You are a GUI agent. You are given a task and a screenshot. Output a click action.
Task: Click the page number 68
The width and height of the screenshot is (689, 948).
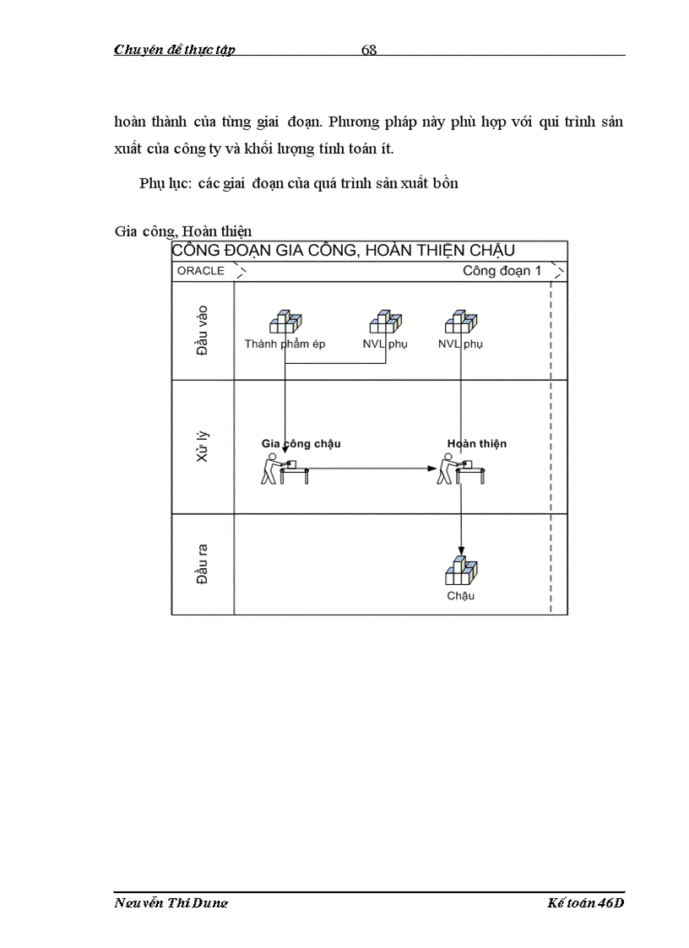click(369, 50)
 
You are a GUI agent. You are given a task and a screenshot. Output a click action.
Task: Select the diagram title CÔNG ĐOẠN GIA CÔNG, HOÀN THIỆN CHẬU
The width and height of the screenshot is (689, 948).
click(343, 251)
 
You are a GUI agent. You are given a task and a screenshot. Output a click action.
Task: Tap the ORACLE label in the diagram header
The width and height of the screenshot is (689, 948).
click(201, 271)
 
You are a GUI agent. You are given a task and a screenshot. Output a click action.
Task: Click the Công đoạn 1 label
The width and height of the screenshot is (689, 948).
click(502, 271)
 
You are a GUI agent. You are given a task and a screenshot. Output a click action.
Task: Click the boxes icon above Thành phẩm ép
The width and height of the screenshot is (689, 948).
click(285, 323)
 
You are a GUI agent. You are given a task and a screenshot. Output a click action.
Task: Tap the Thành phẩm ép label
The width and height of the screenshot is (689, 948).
click(285, 344)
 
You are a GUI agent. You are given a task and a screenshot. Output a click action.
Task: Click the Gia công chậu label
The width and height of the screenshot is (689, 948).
click(301, 443)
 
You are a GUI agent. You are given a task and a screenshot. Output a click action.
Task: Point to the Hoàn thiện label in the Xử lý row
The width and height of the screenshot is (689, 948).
click(477, 443)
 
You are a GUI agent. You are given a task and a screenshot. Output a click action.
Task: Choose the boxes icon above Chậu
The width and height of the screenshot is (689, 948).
click(461, 572)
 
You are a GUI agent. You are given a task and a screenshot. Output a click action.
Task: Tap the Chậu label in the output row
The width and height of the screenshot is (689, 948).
click(461, 596)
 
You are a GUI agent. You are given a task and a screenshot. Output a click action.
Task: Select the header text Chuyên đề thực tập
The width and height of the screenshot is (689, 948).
click(175, 50)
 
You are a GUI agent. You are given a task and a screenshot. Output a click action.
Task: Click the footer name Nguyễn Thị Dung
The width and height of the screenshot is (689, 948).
click(171, 903)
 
